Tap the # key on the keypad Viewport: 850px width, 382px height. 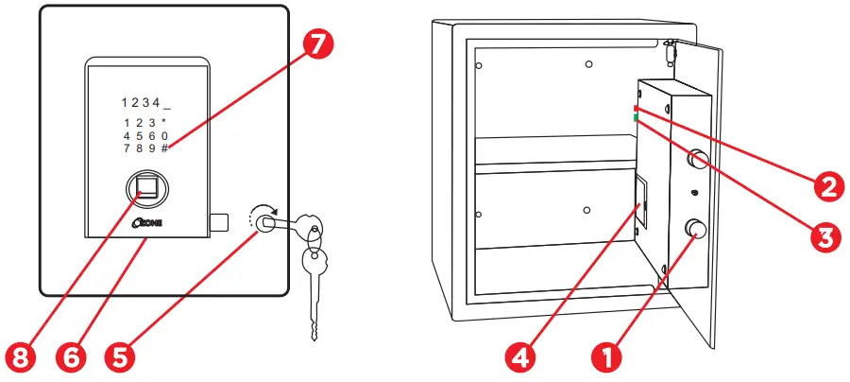pos(164,148)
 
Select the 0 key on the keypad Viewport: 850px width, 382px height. pos(164,135)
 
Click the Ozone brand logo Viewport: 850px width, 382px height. pos(150,224)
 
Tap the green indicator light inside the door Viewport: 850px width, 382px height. pos(637,118)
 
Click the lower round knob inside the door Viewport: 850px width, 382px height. pos(699,230)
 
